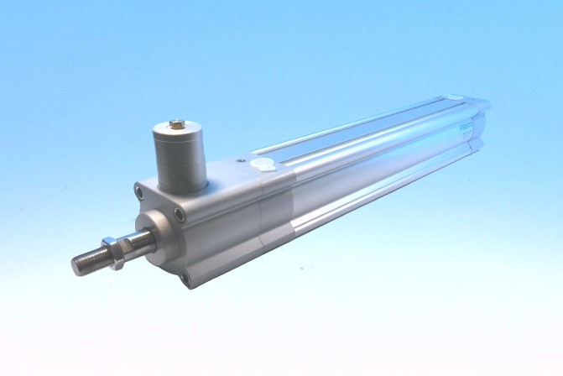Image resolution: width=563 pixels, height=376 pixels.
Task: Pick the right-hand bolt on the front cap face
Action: [180, 216]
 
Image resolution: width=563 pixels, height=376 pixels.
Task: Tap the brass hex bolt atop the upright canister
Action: [176, 125]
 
